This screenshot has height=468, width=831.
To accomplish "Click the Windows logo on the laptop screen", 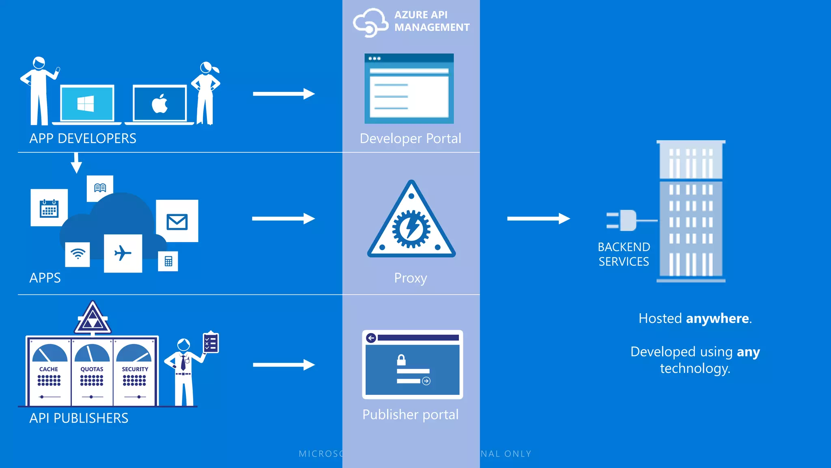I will tap(86, 103).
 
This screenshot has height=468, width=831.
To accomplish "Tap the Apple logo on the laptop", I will tap(160, 104).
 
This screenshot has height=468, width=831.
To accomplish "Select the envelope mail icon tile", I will tap(177, 221).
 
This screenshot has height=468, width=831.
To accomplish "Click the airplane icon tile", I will tap(123, 253).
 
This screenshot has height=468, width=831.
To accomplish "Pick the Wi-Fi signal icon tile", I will tap(78, 254).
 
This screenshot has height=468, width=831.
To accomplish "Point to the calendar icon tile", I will tap(49, 208).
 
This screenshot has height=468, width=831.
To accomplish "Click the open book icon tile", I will tap(100, 188).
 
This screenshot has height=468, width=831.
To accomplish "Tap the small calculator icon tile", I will tap(168, 261).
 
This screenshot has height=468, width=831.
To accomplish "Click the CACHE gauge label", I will tap(49, 369).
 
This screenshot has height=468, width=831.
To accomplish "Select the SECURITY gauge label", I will tap(135, 369).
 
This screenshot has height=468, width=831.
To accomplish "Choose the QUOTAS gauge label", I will tap(92, 369).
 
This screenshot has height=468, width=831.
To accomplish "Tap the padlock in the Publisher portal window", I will tap(401, 360).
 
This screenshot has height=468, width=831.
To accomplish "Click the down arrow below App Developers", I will tap(76, 163).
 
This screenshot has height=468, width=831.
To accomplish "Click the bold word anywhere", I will tap(717, 318).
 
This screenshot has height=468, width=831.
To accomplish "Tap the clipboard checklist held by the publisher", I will tap(211, 343).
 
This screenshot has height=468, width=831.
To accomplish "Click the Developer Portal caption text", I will tap(410, 139).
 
